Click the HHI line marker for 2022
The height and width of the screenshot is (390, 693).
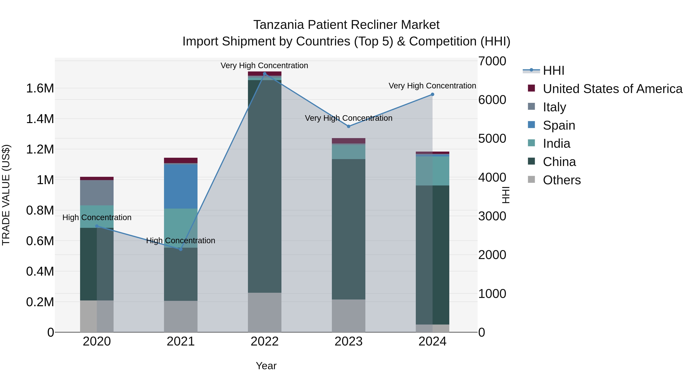264,74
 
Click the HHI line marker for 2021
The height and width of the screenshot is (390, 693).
181,249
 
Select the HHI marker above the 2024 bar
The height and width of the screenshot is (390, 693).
432,95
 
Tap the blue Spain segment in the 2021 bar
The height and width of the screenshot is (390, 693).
181,186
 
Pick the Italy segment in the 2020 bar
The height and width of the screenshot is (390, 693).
97,193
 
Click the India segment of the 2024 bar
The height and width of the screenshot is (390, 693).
432,171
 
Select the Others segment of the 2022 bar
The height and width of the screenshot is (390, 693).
264,312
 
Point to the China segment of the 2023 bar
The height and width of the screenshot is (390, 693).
348,229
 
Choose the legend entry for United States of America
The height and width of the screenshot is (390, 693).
612,89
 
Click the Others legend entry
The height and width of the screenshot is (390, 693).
562,180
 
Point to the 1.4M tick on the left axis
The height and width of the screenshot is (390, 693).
40,119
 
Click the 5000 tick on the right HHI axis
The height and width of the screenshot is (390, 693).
492,139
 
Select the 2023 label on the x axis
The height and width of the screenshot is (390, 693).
348,341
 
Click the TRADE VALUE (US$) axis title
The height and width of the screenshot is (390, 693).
6,195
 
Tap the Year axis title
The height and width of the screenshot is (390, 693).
266,366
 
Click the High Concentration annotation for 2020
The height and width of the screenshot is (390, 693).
97,217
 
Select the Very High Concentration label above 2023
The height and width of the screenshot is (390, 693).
348,118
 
